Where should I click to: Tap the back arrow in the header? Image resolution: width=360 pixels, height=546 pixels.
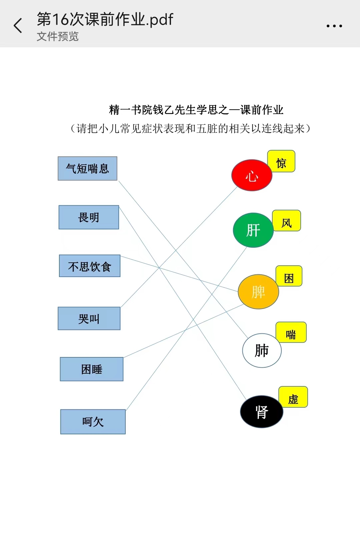pyautogui.click(x=18, y=25)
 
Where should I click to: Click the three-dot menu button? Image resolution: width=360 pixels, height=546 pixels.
pyautogui.click(x=334, y=26)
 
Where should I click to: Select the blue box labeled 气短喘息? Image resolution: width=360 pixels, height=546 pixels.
pyautogui.click(x=88, y=168)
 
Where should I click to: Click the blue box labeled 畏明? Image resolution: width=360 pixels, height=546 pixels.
pyautogui.click(x=89, y=217)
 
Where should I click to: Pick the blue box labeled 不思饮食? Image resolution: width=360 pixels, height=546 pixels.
pyautogui.click(x=90, y=266)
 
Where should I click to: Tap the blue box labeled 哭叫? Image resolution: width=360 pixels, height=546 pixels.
pyautogui.click(x=89, y=318)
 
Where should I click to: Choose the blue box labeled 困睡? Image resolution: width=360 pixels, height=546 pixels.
pyautogui.click(x=92, y=369)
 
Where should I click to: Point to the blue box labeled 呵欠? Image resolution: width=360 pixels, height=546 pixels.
pyautogui.click(x=93, y=422)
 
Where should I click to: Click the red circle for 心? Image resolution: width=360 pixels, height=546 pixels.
pyautogui.click(x=252, y=175)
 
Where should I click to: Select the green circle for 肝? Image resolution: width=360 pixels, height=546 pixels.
pyautogui.click(x=253, y=230)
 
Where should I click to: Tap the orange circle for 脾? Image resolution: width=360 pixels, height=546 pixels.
pyautogui.click(x=258, y=292)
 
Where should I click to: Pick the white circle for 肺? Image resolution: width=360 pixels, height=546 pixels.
pyautogui.click(x=262, y=351)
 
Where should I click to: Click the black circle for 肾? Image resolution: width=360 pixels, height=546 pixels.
pyautogui.click(x=262, y=412)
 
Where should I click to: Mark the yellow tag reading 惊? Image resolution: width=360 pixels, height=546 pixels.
pyautogui.click(x=281, y=161)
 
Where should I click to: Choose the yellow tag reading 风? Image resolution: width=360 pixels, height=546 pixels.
pyautogui.click(x=287, y=221)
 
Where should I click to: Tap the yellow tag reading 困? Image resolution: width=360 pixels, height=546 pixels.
pyautogui.click(x=289, y=276)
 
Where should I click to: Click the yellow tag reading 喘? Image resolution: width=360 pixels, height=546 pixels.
pyautogui.click(x=291, y=332)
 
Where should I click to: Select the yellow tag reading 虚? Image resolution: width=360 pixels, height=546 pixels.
pyautogui.click(x=293, y=397)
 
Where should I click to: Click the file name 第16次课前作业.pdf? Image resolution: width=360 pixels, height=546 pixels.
pyautogui.click(x=105, y=19)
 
